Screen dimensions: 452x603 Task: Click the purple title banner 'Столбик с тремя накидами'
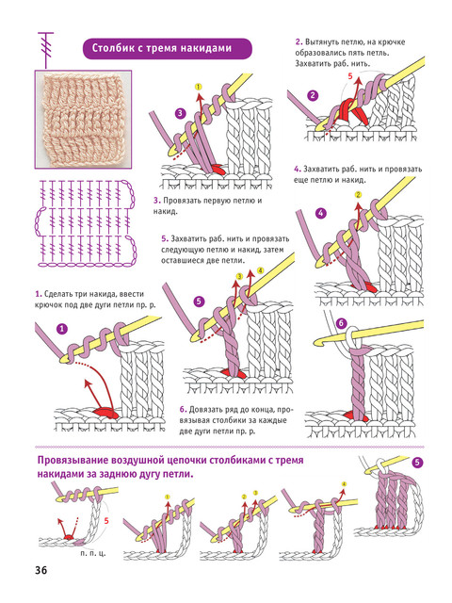click(168, 48)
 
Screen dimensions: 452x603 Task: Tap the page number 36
click(40, 570)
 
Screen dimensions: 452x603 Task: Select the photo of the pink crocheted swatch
click(83, 120)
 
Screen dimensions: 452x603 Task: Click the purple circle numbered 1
click(62, 329)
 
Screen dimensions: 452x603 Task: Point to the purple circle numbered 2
click(313, 95)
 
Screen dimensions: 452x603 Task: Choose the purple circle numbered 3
click(180, 113)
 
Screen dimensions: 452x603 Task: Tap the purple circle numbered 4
click(320, 213)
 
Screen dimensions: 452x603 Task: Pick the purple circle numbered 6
click(341, 323)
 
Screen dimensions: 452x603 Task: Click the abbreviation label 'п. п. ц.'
click(93, 553)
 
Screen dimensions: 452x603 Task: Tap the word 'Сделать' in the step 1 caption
click(57, 294)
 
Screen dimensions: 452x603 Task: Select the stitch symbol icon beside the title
click(46, 50)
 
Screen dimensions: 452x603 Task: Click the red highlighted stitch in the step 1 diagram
click(104, 412)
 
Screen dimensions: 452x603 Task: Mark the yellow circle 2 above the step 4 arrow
click(358, 195)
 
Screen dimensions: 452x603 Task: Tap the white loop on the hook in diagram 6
click(350, 335)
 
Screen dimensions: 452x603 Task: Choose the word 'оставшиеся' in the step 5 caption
click(182, 260)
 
